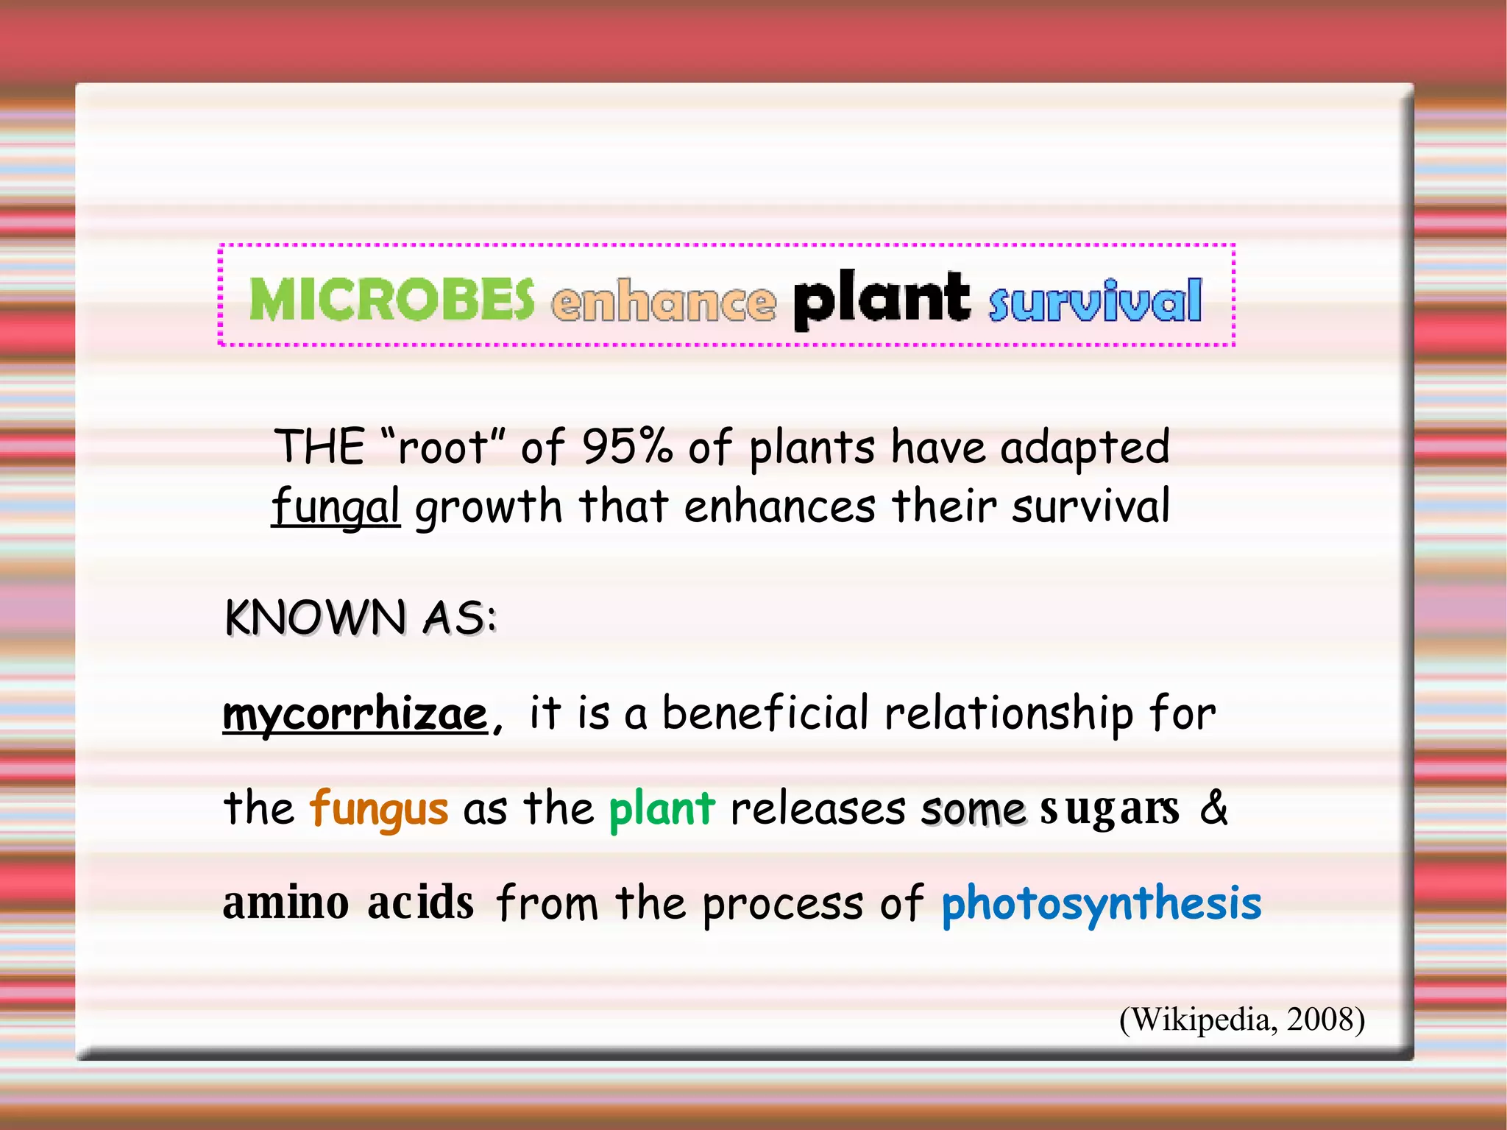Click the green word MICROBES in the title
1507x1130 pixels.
391,300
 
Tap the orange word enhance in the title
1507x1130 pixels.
664,302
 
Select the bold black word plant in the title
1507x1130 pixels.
881,300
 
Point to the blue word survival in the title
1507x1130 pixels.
1095,302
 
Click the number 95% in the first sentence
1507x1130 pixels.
627,446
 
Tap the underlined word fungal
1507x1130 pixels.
336,507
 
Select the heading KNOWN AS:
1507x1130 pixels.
361,617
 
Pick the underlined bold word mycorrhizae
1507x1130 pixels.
355,713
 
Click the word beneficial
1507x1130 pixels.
765,713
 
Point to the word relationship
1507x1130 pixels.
1008,713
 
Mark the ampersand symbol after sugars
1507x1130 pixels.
1214,807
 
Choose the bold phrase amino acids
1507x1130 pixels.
348,903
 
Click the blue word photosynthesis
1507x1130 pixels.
1101,904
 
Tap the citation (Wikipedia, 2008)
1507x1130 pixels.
1242,1020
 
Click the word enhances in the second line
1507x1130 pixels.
779,506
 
